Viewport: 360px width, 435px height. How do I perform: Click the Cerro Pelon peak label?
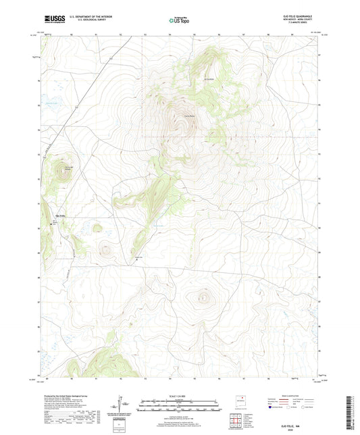(x=180, y=115)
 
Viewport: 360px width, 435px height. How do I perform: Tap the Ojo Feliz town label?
(x=60, y=215)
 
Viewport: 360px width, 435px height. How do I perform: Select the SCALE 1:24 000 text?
(x=180, y=396)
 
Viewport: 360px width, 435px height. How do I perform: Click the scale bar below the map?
(x=180, y=407)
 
